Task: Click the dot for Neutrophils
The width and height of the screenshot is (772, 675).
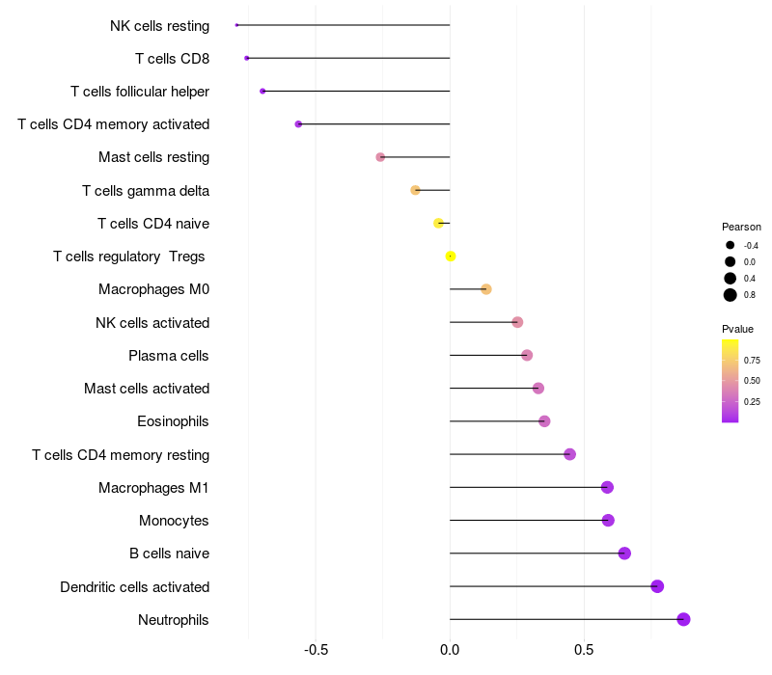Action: click(x=683, y=619)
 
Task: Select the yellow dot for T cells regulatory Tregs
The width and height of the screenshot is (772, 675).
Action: click(x=451, y=256)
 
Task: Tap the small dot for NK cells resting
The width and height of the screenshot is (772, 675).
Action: click(x=236, y=25)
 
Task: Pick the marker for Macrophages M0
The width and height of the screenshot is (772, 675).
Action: click(x=486, y=289)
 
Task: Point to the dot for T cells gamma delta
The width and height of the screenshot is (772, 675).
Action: click(x=416, y=190)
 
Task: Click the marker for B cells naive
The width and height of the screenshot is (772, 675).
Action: click(x=624, y=553)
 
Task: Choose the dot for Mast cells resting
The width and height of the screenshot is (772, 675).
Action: click(x=380, y=157)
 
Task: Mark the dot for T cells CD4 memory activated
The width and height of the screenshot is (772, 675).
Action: click(x=298, y=124)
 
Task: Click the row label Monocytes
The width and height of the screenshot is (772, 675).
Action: click(x=174, y=521)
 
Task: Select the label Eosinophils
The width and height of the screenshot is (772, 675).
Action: click(x=173, y=421)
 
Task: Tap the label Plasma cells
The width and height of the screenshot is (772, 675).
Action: click(x=168, y=356)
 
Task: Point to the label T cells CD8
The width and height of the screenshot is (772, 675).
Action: click(x=172, y=59)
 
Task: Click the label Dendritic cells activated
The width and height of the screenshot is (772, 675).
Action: click(x=134, y=586)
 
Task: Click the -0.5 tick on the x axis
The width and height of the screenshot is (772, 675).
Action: click(x=316, y=650)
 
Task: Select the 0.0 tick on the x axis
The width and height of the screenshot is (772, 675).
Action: click(x=450, y=650)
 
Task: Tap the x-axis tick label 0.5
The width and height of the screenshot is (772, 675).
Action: click(x=584, y=650)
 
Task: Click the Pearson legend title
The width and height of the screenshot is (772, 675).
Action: click(x=741, y=227)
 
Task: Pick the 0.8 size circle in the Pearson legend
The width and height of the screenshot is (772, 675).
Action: click(x=731, y=295)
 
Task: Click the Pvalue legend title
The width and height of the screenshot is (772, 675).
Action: click(x=737, y=329)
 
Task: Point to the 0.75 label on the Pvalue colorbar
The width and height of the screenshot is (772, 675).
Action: click(x=752, y=361)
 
